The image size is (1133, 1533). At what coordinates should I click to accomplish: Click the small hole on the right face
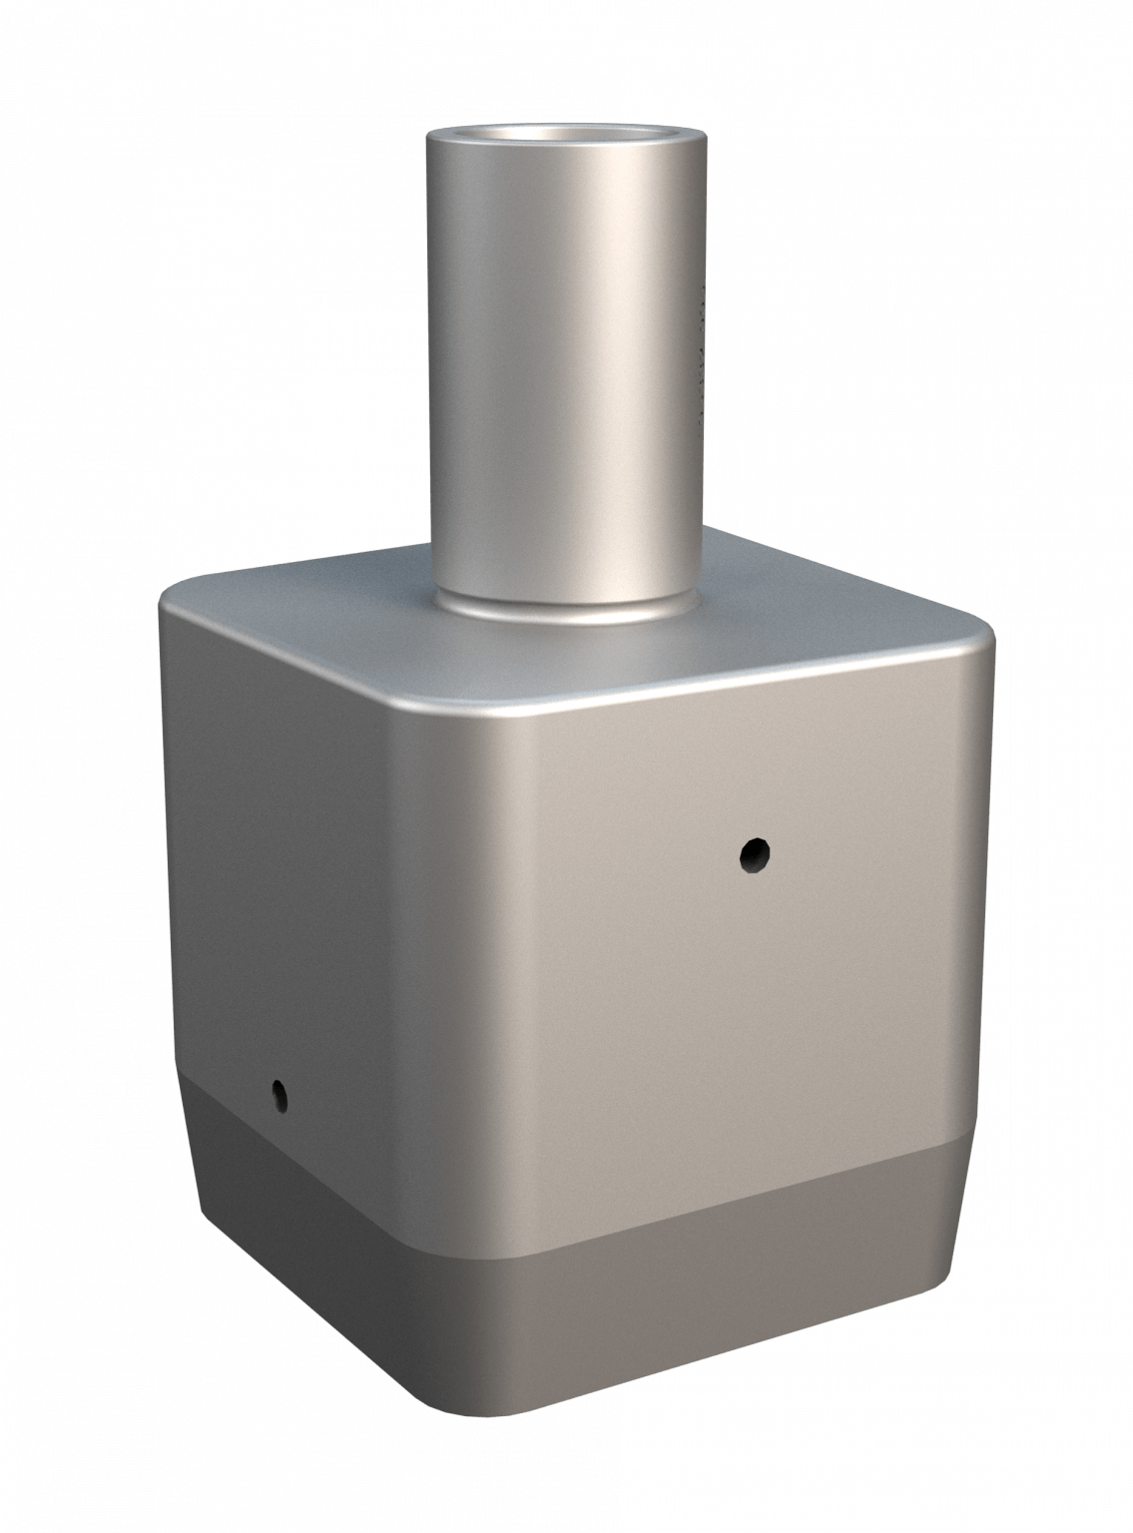754,853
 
